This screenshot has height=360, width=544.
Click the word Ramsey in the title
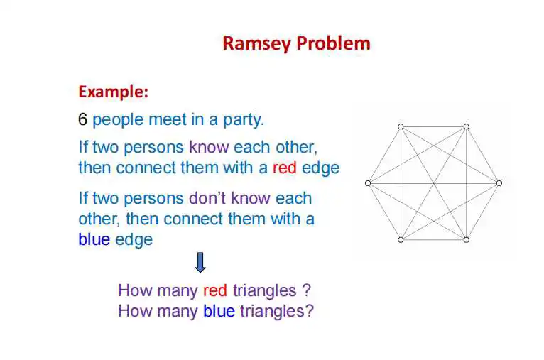tap(256, 45)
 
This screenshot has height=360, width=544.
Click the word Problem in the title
tap(333, 43)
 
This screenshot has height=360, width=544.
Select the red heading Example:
tap(114, 92)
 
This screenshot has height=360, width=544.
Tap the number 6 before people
tap(82, 120)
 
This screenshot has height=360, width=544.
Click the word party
tap(243, 120)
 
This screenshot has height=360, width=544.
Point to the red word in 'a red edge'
tap(285, 168)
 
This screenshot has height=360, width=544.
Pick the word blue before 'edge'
tap(94, 239)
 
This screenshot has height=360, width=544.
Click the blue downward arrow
tap(200, 262)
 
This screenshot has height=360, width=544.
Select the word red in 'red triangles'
tap(215, 290)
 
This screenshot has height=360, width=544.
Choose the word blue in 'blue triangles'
tap(219, 311)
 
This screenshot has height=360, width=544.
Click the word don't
tap(207, 198)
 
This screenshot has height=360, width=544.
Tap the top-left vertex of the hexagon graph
tap(401, 126)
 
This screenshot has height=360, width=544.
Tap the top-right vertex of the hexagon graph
tap(467, 126)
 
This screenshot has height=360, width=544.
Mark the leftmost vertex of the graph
tap(368, 183)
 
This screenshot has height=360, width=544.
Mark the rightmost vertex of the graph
tap(499, 183)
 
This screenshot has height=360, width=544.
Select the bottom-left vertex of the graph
tap(401, 240)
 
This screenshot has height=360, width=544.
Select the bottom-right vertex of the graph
tap(467, 240)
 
